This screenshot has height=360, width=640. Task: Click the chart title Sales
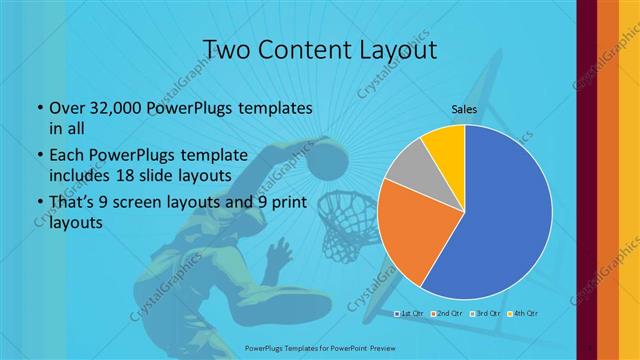click(464, 109)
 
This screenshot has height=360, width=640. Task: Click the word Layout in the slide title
click(395, 49)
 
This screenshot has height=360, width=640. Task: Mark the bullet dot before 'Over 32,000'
click(39, 108)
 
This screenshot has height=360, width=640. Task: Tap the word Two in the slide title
click(225, 49)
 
